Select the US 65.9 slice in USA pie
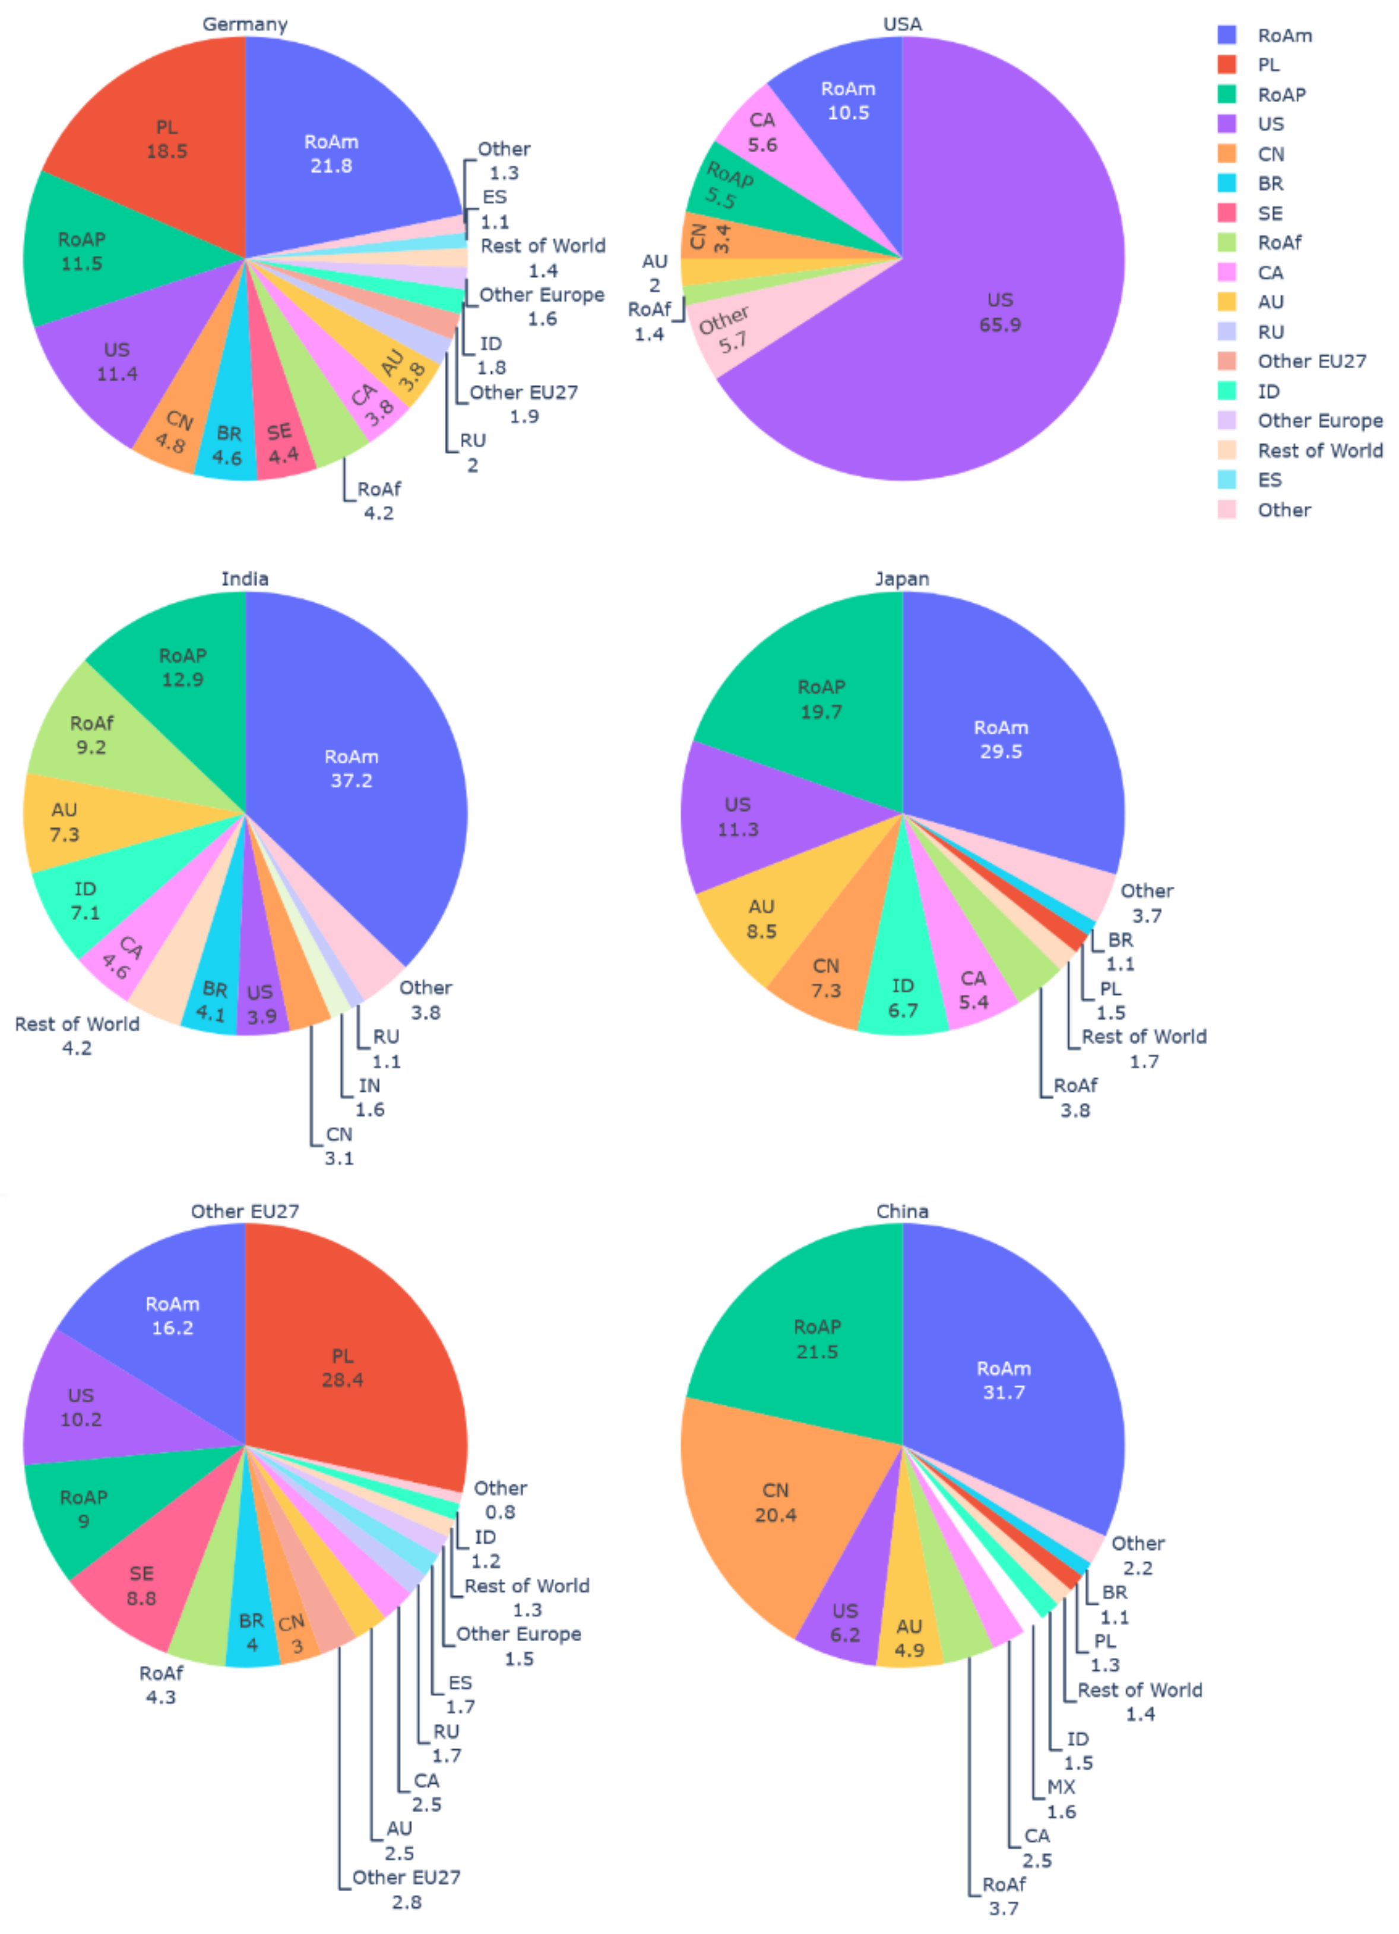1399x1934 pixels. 999,312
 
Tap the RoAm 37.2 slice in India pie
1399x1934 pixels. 350,768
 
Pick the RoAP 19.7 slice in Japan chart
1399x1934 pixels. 820,699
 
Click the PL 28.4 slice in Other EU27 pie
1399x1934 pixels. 342,1368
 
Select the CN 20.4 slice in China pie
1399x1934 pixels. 775,1503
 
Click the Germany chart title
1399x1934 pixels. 245,24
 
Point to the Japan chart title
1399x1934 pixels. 901,579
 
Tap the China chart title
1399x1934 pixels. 901,1211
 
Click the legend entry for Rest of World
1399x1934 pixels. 1319,450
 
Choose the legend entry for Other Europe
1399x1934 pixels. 1319,421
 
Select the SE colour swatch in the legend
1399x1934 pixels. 1226,213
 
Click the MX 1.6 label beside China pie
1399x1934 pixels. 1061,1799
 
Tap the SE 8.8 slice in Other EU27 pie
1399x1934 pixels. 141,1585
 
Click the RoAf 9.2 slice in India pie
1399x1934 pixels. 91,735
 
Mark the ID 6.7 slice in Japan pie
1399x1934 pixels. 902,998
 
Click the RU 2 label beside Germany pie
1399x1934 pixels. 471,453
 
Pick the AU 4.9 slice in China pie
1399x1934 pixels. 909,1637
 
